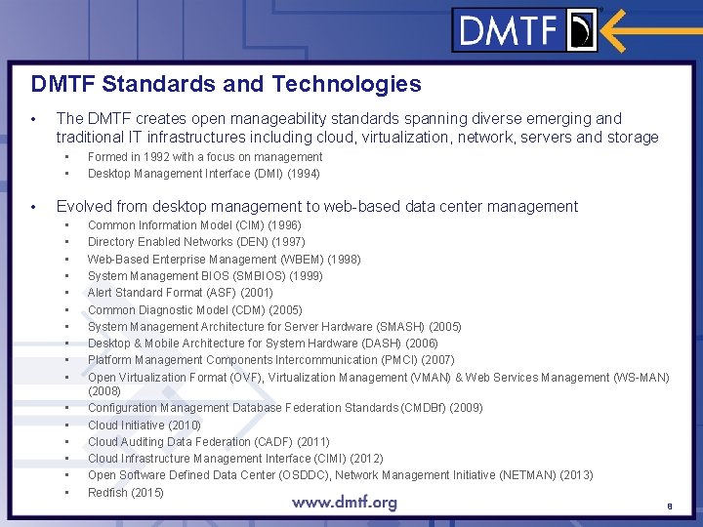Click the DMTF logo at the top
(525, 31)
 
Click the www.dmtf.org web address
(345, 503)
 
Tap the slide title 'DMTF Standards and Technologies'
(226, 84)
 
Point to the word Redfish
(107, 492)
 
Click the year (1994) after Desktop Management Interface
(304, 174)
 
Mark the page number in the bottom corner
(670, 507)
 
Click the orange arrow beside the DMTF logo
(648, 30)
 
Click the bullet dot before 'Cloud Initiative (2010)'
(67, 426)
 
